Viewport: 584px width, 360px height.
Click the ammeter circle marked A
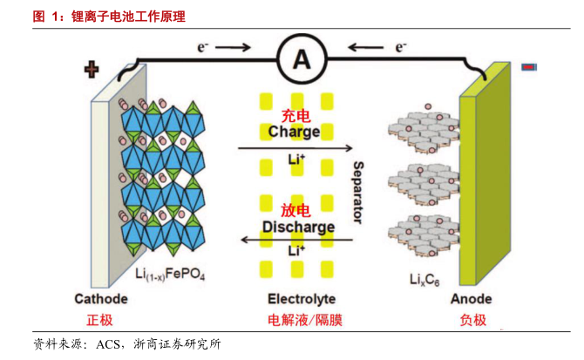pyautogui.click(x=302, y=58)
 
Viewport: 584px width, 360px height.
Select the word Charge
pyautogui.click(x=294, y=132)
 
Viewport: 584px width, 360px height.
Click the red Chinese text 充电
pyautogui.click(x=295, y=116)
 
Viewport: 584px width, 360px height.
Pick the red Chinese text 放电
pyautogui.click(x=295, y=211)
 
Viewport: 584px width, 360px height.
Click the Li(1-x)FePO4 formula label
pyautogui.click(x=171, y=275)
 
